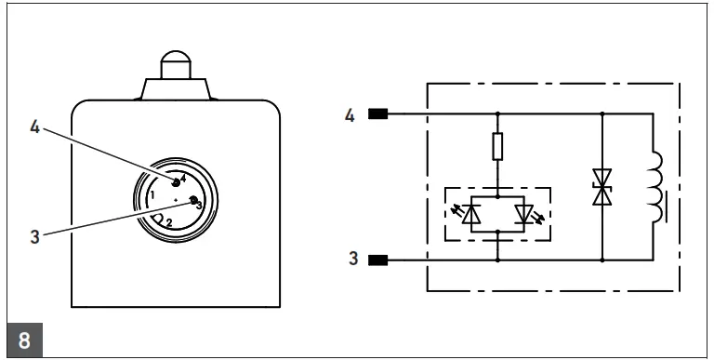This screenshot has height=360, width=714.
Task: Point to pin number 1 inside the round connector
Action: pos(151,195)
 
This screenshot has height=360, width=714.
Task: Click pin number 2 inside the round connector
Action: pos(169,221)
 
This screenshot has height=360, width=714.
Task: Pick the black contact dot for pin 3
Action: pos(193,201)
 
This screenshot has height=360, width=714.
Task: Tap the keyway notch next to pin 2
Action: pos(158,220)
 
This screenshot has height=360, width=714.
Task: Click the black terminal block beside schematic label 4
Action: pos(378,115)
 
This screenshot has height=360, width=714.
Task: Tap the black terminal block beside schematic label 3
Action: pos(378,258)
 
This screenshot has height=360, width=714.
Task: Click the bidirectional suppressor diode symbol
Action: pos(602,189)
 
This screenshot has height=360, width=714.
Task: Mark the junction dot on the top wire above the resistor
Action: pos(498,115)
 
